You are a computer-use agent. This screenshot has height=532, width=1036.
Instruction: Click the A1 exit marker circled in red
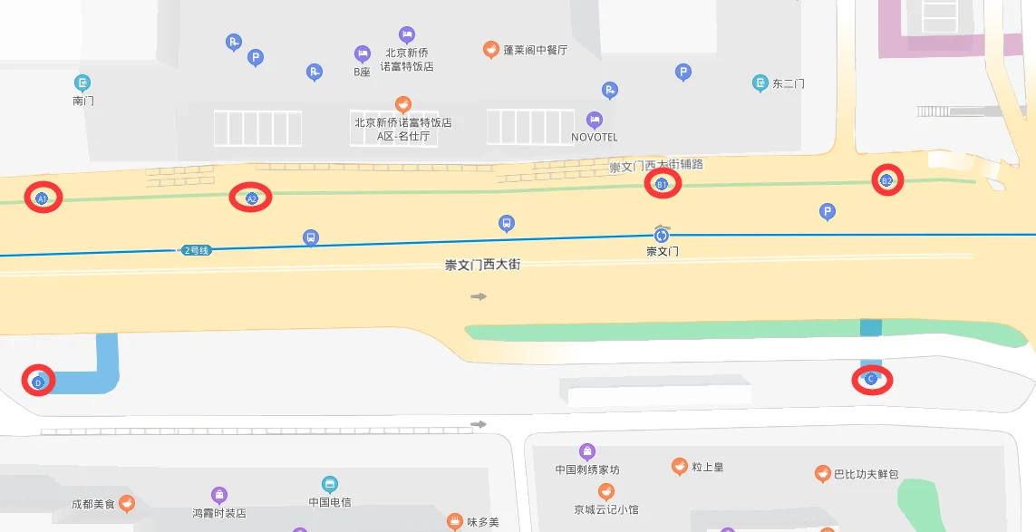tap(42, 198)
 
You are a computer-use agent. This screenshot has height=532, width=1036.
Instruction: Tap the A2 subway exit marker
tap(251, 198)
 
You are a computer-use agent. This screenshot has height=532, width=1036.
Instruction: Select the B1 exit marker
tap(662, 184)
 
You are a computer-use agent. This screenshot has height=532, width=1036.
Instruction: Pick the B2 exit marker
tap(887, 180)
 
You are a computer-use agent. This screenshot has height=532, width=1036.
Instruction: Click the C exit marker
tap(872, 380)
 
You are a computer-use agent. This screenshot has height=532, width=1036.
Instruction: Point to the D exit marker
tap(38, 382)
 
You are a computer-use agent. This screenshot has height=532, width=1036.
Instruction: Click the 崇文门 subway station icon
tap(662, 235)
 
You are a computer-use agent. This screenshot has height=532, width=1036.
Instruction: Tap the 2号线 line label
tap(196, 250)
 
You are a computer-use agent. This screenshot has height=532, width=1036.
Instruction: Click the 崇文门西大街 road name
tap(482, 266)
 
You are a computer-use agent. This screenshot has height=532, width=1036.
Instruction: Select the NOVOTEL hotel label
tap(595, 137)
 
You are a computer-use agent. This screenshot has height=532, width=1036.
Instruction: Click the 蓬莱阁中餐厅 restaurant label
tap(535, 50)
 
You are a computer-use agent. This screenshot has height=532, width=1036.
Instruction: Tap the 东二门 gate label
tap(788, 83)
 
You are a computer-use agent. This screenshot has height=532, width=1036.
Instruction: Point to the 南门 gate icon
tap(82, 83)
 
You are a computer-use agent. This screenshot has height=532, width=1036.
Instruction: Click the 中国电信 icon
tap(329, 485)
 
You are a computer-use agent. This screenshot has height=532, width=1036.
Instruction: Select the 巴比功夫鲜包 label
tap(867, 474)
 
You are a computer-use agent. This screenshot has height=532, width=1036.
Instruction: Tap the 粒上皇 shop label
tap(707, 467)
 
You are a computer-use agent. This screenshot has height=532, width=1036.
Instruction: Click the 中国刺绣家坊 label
tap(587, 469)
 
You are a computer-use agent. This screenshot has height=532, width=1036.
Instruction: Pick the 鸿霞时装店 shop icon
tap(219, 495)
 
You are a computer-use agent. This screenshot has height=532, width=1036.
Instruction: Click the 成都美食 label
tap(93, 504)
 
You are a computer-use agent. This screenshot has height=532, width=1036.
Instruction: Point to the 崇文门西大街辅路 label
tap(656, 165)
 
